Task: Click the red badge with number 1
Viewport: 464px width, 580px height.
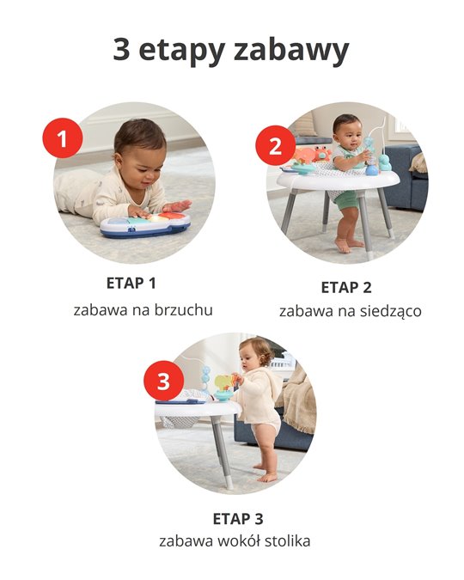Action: pyautogui.click(x=62, y=138)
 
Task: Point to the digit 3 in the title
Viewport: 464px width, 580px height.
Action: pyautogui.click(x=123, y=50)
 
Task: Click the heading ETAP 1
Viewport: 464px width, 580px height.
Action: pyautogui.click(x=131, y=283)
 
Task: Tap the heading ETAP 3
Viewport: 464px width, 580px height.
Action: pyautogui.click(x=238, y=518)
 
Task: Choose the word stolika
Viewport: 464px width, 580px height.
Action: pyautogui.click(x=286, y=541)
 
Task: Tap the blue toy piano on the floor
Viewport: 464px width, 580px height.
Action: pyautogui.click(x=145, y=225)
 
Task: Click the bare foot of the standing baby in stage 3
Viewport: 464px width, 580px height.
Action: pyautogui.click(x=268, y=475)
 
